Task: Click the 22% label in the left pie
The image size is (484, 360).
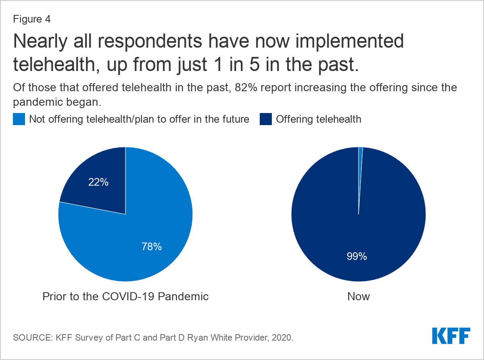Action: coord(98,182)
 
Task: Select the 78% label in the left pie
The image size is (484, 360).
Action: coord(152,247)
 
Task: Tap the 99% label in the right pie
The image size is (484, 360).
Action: coord(357,256)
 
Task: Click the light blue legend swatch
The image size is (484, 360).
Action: coord(19,119)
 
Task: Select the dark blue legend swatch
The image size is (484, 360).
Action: coord(266,119)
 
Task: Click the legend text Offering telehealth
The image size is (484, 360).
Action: coord(319,119)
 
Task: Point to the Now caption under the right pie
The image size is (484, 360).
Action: coord(359,296)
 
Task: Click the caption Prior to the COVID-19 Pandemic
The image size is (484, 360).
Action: coord(125,296)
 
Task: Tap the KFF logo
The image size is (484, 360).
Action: coord(451,336)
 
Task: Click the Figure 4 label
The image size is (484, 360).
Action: coord(32,19)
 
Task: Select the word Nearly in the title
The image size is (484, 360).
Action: coord(40,42)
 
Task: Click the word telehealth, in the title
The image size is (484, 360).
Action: coord(56,65)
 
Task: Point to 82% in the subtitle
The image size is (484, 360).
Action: coord(246,88)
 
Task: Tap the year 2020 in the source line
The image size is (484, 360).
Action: coord(281,338)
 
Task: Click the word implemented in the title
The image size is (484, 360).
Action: coord(350,42)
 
